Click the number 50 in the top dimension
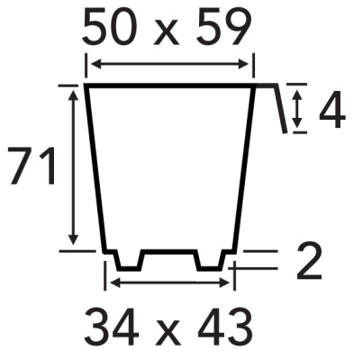tap(112, 26)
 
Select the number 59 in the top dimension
tap(223, 26)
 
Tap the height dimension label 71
tap(32, 166)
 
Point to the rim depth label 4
tap(332, 109)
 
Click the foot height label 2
tap(309, 260)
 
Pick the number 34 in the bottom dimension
tap(112, 327)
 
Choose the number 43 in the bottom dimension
tap(224, 327)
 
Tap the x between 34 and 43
tap(168, 332)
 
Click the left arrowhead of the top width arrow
tap(96, 64)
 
